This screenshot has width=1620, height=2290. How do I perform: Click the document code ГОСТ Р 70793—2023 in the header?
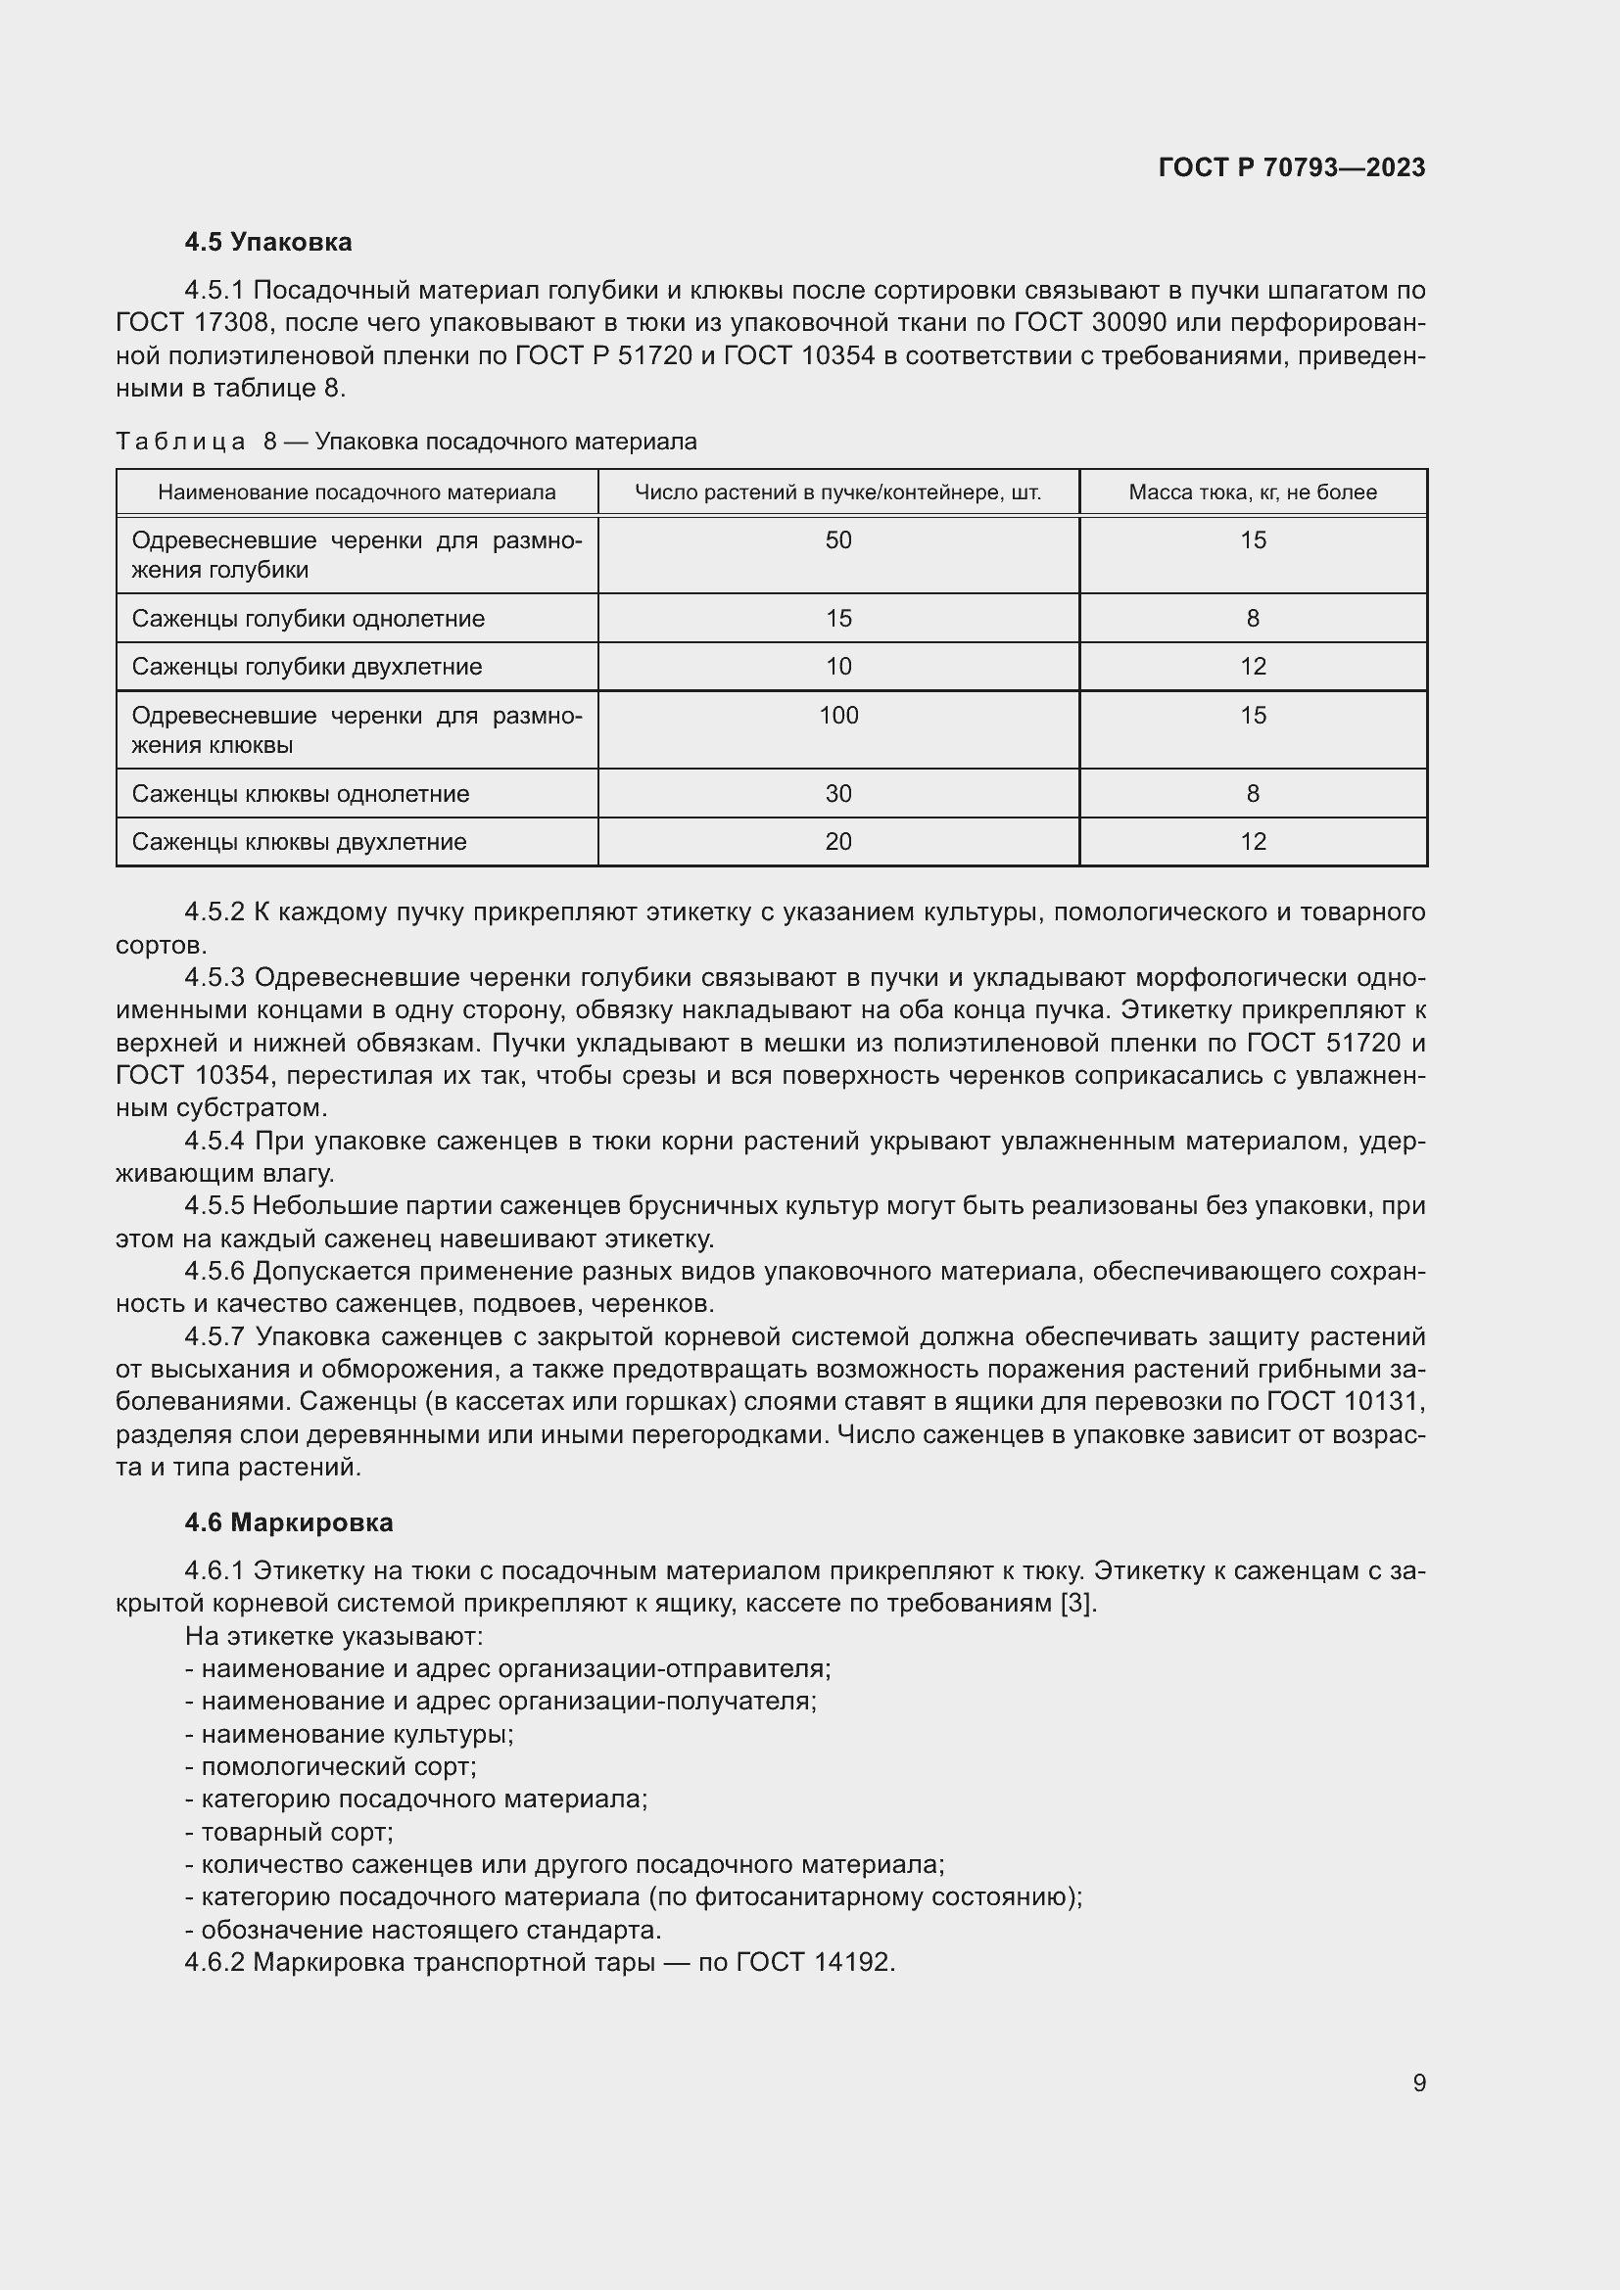pyautogui.click(x=1291, y=167)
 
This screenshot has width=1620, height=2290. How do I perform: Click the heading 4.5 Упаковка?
pyautogui.click(x=267, y=243)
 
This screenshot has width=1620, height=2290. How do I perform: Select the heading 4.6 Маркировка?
pyautogui.click(x=288, y=1522)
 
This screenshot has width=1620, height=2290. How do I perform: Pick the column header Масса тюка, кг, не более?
pyautogui.click(x=1252, y=491)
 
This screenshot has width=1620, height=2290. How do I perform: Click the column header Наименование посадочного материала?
pyautogui.click(x=357, y=491)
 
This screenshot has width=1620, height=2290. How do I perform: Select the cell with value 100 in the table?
pyautogui.click(x=838, y=715)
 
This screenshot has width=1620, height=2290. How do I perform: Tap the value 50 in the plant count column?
pyautogui.click(x=838, y=539)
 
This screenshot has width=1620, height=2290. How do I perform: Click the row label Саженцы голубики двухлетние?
pyautogui.click(x=307, y=667)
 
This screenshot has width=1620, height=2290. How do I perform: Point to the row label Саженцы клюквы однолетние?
pyautogui.click(x=301, y=794)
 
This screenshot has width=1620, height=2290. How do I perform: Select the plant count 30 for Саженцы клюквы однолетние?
pyautogui.click(x=838, y=794)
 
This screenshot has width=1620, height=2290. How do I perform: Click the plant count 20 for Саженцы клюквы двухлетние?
pyautogui.click(x=838, y=842)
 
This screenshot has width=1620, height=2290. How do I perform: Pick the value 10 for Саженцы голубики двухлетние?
pyautogui.click(x=838, y=667)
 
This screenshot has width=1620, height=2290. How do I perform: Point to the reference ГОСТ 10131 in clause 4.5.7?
pyautogui.click(x=1342, y=1401)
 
